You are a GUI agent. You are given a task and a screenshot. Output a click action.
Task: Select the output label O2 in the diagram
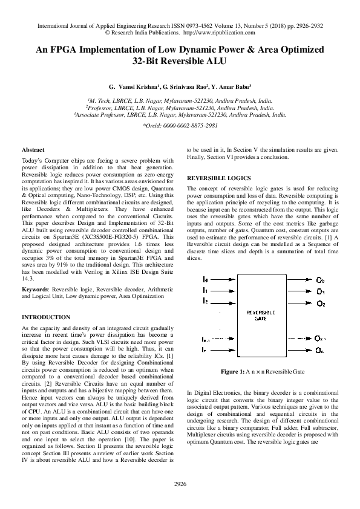click(321, 303)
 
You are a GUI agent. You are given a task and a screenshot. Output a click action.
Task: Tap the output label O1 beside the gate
click(321, 292)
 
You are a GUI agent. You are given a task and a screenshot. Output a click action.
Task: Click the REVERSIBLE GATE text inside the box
click(261, 315)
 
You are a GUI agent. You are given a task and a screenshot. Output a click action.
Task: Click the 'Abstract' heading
click(33, 149)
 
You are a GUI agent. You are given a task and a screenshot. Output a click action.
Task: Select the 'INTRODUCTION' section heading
click(46, 317)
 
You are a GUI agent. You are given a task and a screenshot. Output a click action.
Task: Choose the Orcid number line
click(180, 125)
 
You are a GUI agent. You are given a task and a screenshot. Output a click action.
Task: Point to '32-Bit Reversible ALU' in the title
click(180, 61)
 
